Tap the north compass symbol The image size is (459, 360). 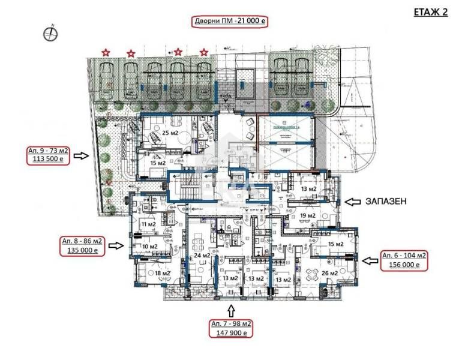pyautogui.click(x=51, y=34)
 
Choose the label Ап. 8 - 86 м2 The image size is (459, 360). pyautogui.click(x=82, y=241)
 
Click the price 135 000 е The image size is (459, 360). pyautogui.click(x=82, y=251)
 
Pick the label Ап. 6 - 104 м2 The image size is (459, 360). pyautogui.click(x=404, y=255)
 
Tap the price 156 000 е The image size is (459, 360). pyautogui.click(x=404, y=265)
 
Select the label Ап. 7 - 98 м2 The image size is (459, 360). pyautogui.click(x=231, y=324)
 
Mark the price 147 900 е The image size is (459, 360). pyautogui.click(x=231, y=333)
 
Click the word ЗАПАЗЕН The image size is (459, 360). pyautogui.click(x=386, y=202)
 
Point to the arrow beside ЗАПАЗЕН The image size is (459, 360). pyautogui.click(x=352, y=202)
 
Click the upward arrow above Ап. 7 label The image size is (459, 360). pyautogui.click(x=231, y=310)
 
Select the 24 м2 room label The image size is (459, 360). pyautogui.click(x=202, y=256)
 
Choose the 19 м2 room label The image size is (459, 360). pyautogui.click(x=308, y=215)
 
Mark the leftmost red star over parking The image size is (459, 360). pyautogui.click(x=106, y=53)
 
